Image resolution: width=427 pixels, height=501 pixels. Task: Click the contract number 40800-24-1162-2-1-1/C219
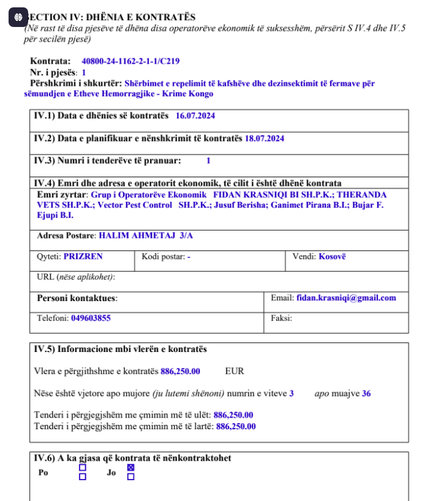coord(130,61)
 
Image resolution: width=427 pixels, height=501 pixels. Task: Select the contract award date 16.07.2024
coord(195,116)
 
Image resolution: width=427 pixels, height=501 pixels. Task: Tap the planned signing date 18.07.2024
coord(264,139)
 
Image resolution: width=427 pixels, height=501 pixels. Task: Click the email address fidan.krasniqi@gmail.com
coord(346,298)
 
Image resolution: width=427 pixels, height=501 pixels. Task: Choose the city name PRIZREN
coord(83,256)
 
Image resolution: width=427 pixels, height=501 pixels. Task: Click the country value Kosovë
coord(332,256)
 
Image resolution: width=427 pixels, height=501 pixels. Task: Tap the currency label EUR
coord(235,371)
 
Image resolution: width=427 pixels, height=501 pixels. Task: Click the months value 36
coord(366,394)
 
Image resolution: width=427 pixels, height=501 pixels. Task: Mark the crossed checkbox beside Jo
coord(130,468)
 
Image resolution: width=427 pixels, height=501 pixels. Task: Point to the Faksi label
coord(281,318)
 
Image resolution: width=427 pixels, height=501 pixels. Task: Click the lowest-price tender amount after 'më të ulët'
coord(233,415)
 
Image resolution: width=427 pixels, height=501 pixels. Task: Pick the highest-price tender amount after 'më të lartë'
coord(236,426)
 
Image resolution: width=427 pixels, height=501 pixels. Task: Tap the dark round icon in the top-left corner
coord(18,18)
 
